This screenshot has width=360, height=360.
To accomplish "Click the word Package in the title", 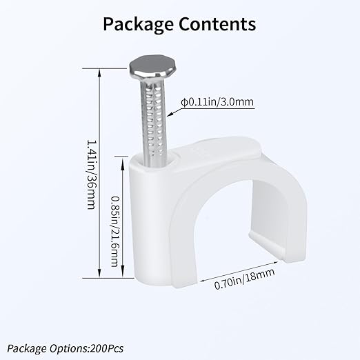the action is click(x=138, y=25).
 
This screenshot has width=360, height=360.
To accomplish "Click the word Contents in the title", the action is click(x=217, y=24).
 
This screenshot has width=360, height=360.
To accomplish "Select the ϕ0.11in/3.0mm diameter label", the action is click(x=217, y=102).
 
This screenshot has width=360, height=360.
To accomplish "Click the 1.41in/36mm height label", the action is click(x=91, y=174).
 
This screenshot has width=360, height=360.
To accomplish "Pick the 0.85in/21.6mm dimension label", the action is click(x=115, y=231).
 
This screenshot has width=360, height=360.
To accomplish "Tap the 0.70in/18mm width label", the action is click(x=244, y=279).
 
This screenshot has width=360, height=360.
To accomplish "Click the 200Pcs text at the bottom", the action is click(x=107, y=348).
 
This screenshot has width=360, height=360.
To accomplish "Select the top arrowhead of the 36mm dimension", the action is click(x=99, y=73).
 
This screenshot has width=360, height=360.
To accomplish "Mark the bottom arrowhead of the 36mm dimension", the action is click(x=99, y=273).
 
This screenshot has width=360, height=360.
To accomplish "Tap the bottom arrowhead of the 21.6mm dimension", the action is click(x=123, y=273).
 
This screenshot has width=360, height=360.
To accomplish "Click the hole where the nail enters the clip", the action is click(x=157, y=161).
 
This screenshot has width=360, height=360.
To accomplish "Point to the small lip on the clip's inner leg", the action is click(x=267, y=244).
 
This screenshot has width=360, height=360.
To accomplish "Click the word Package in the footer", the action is click(x=27, y=348).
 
